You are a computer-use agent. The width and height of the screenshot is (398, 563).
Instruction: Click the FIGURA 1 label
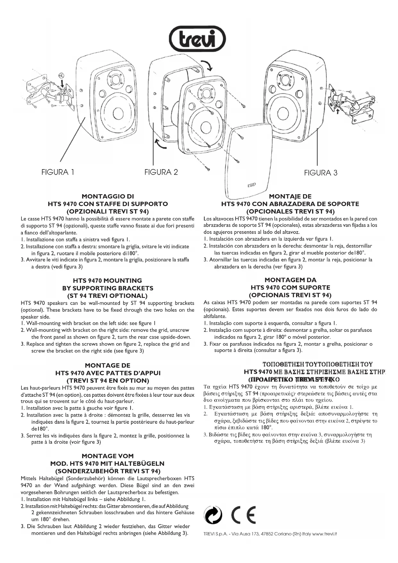click(58, 172)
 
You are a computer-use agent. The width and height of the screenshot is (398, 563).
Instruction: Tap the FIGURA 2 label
click(161, 172)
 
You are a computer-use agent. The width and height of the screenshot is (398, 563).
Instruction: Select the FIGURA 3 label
click(321, 173)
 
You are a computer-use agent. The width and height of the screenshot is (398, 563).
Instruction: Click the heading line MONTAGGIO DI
click(108, 196)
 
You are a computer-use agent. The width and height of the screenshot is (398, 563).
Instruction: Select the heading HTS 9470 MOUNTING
click(107, 281)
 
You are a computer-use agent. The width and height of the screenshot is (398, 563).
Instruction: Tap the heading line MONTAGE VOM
click(108, 456)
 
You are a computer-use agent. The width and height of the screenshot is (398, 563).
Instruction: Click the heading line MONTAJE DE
click(290, 196)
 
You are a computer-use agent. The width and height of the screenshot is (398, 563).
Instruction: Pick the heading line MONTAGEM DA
click(290, 280)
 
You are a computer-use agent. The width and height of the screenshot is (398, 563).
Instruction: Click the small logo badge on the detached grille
click(251, 185)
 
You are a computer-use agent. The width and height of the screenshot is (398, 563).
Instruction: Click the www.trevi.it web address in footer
click(324, 534)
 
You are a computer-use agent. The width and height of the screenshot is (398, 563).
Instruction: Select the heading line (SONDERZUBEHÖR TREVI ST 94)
click(108, 471)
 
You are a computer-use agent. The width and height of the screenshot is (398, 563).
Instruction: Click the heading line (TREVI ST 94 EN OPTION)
click(108, 381)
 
